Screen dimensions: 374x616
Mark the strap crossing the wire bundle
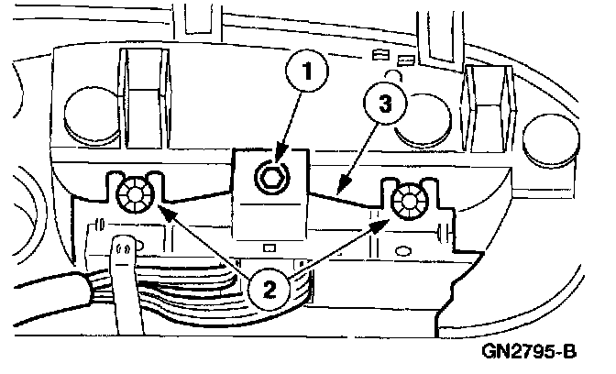tap(122, 275)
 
